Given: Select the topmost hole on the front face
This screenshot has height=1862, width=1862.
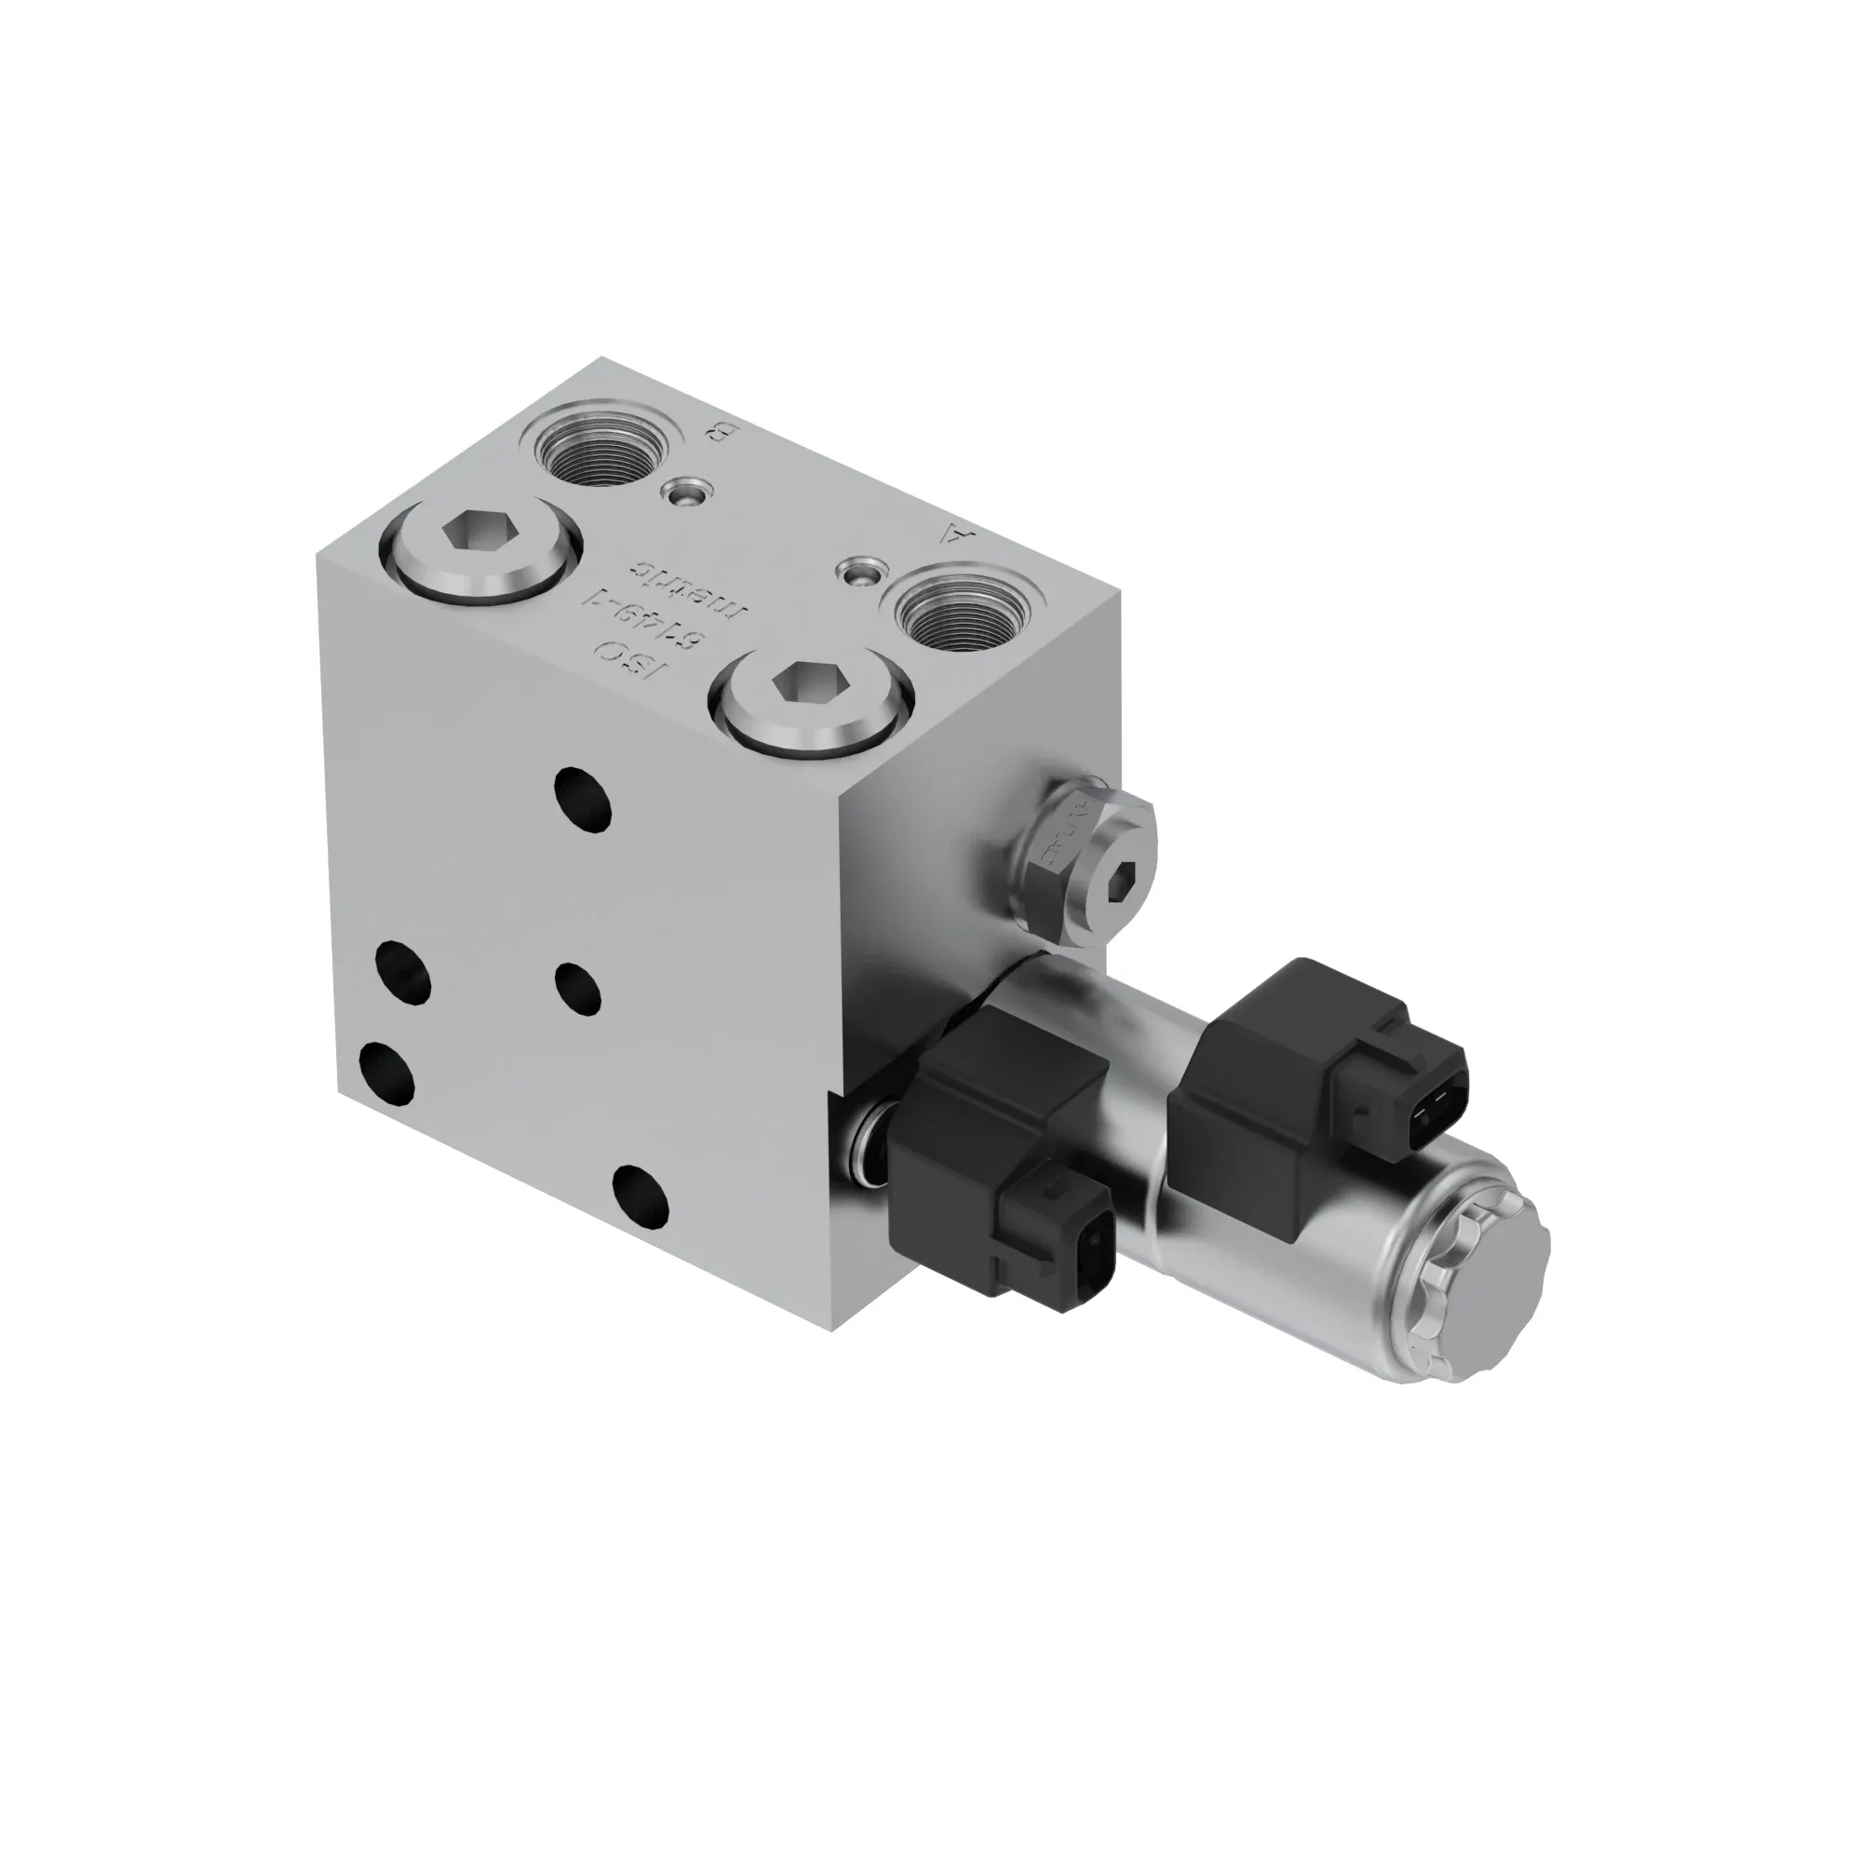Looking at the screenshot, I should click(584, 797).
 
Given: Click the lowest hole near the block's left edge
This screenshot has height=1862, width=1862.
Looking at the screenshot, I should click(386, 1072).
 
